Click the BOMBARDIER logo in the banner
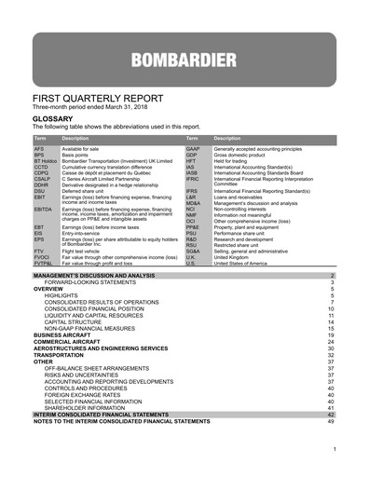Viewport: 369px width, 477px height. point(183,63)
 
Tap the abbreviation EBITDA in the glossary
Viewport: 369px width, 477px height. point(44,210)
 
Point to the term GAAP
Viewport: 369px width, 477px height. point(194,148)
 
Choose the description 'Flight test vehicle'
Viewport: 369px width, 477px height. point(84,251)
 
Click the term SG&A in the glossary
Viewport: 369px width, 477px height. point(194,251)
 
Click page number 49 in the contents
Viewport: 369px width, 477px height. point(331,422)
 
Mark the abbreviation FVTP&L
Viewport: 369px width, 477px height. point(45,264)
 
